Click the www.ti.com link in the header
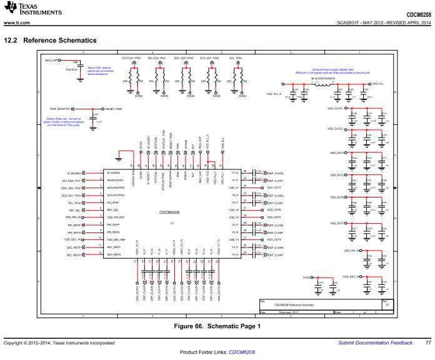click(x=16, y=23)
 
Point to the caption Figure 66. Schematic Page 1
click(x=217, y=326)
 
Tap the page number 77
click(x=427, y=342)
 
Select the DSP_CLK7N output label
click(x=275, y=173)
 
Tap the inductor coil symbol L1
click(x=326, y=83)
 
